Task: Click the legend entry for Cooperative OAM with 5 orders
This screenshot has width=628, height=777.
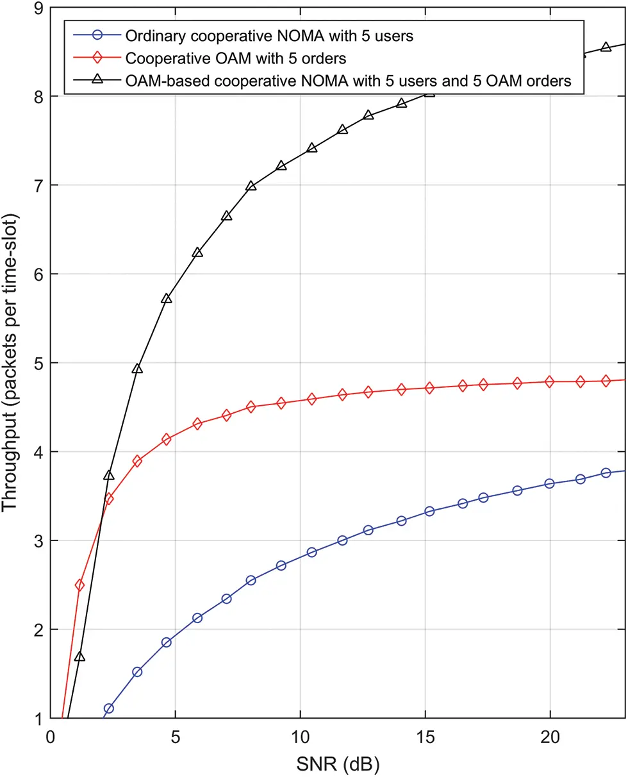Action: [x=236, y=58]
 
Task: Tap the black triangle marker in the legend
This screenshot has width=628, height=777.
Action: [x=97, y=81]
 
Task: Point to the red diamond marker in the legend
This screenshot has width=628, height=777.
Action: [x=97, y=58]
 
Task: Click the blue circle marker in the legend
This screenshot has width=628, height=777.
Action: [x=97, y=36]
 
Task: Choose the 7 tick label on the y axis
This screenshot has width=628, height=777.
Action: [x=37, y=185]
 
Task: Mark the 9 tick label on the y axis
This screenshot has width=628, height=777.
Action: [x=37, y=8]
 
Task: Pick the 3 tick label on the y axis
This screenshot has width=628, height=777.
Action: [x=37, y=540]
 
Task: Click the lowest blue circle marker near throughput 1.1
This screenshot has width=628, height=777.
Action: [x=109, y=708]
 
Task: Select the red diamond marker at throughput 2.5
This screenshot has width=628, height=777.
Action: [x=80, y=585]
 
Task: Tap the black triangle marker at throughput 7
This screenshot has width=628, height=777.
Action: [x=251, y=186]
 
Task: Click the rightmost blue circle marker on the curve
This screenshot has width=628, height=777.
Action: [x=606, y=472]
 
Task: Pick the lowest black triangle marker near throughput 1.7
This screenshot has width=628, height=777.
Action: [x=79, y=656]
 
